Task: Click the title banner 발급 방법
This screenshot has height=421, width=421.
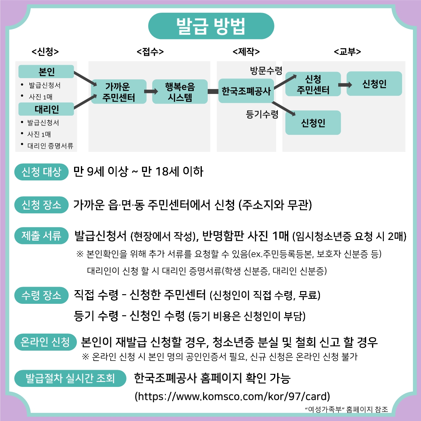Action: tap(211, 26)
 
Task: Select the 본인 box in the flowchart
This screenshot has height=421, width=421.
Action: tap(46, 71)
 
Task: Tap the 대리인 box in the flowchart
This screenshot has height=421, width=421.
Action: tap(46, 109)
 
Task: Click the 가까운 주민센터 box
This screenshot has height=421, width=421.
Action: tap(119, 91)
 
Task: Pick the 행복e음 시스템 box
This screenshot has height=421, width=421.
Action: tap(180, 91)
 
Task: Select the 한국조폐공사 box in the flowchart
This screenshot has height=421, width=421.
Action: tap(246, 91)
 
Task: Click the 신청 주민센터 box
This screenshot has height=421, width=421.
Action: tap(313, 84)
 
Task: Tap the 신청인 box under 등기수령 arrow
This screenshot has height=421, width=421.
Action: tap(313, 122)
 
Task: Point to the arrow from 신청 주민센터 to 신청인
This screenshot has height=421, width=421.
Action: tap(345, 85)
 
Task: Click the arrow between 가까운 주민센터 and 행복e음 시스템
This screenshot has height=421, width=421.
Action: tap(151, 91)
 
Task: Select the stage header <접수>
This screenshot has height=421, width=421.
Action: tap(150, 51)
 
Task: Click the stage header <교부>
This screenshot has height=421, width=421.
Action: tap(348, 51)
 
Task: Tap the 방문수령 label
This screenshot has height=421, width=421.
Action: tap(266, 71)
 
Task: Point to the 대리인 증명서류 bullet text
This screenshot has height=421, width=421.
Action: tap(50, 146)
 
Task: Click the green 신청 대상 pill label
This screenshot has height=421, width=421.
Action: tap(42, 172)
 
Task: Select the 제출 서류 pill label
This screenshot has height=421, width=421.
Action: tap(42, 236)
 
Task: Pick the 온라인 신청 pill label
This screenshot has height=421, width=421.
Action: tap(46, 342)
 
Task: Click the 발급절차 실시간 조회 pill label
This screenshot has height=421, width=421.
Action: tap(70, 378)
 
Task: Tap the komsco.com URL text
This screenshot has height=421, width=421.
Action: tap(232, 396)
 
